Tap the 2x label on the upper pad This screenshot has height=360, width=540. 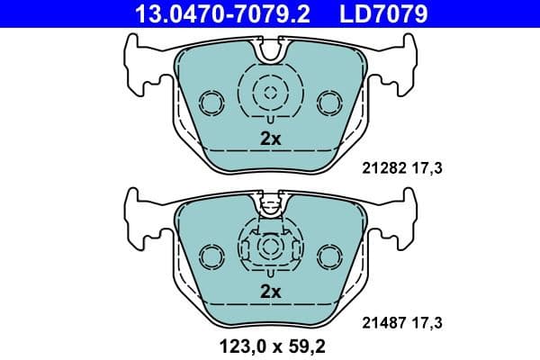[x=270, y=139]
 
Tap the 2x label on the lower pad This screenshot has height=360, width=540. [x=270, y=291]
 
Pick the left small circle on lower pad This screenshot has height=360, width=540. [x=211, y=256]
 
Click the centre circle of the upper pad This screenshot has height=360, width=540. [x=269, y=90]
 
